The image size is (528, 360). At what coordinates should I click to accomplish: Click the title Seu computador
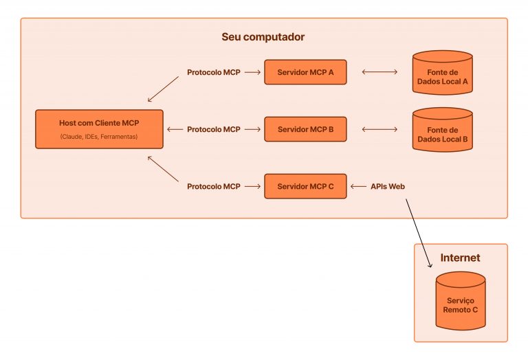[263, 36]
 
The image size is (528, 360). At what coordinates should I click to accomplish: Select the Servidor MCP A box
[305, 72]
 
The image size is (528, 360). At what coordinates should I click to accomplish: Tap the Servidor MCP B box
[305, 129]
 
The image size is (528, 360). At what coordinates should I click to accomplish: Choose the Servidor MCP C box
[305, 186]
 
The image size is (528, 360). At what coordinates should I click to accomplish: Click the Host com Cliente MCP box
[99, 129]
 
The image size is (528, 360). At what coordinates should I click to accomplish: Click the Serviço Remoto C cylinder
[460, 301]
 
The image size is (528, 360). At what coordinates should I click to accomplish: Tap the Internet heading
[460, 258]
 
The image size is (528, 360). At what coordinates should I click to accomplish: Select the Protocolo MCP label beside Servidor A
[213, 72]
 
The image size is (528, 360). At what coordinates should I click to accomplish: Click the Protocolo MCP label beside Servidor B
[213, 129]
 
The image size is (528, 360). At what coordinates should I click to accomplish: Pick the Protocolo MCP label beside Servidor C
[213, 186]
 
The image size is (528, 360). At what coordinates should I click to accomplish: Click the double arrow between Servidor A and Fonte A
[379, 72]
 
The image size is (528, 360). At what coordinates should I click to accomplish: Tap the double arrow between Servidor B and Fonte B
[379, 129]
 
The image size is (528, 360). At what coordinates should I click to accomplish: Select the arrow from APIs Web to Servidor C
[358, 186]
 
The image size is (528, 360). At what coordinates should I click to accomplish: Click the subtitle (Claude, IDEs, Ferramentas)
[99, 137]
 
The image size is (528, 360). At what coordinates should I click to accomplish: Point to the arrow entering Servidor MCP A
[252, 72]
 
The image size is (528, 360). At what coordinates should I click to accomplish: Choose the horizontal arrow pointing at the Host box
[175, 129]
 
